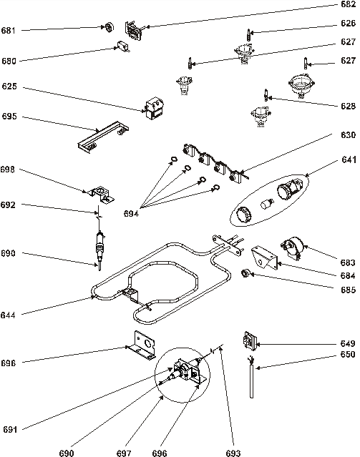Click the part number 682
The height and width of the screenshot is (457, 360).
pyautogui.click(x=348, y=4)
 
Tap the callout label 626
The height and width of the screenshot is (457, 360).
pyautogui.click(x=348, y=23)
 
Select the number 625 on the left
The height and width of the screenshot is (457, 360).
pyautogui.click(x=9, y=87)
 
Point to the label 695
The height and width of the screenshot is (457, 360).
pyautogui.click(x=9, y=117)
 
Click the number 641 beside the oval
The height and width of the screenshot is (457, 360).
pyautogui.click(x=349, y=159)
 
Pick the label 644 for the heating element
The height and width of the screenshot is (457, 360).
pyautogui.click(x=8, y=315)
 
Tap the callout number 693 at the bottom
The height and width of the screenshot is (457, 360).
pyautogui.click(x=233, y=453)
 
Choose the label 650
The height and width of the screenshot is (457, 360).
pyautogui.click(x=348, y=355)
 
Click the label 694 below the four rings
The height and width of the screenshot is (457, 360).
pyautogui.click(x=131, y=214)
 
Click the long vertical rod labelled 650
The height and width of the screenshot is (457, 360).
pyautogui.click(x=251, y=379)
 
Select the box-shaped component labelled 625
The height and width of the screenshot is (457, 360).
pyautogui.click(x=154, y=109)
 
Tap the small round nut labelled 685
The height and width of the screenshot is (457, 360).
pyautogui.click(x=245, y=273)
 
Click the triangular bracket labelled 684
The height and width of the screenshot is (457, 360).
pyautogui.click(x=264, y=257)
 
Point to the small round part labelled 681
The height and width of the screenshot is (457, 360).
pyautogui.click(x=110, y=27)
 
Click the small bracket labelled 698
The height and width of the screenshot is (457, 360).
pyautogui.click(x=102, y=195)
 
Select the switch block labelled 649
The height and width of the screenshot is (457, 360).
pyautogui.click(x=250, y=341)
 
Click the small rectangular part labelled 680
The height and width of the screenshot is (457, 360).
pyautogui.click(x=123, y=46)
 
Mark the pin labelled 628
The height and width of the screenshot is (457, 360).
pyautogui.click(x=266, y=94)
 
